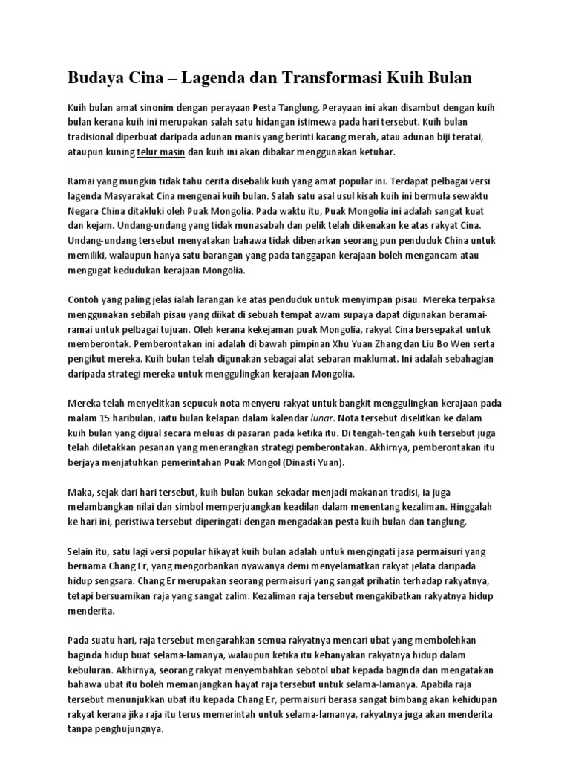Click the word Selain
(84, 553)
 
